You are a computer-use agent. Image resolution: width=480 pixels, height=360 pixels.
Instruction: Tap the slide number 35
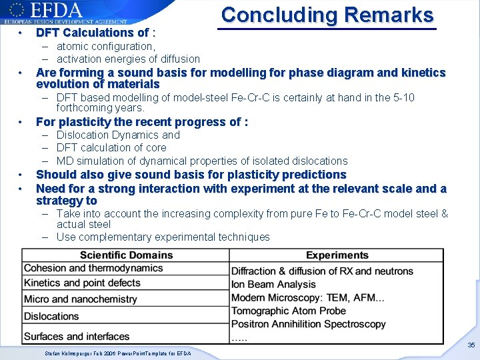pos(471,345)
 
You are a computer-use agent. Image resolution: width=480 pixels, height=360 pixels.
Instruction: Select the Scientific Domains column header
pos(125,255)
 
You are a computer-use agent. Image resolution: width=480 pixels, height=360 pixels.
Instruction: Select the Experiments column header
pos(337,255)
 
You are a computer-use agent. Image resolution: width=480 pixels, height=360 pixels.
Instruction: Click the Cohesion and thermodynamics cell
pos(93,268)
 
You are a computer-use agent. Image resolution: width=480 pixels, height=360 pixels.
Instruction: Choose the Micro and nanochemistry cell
pos(81,299)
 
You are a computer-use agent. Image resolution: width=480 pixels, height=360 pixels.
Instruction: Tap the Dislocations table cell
pos(51,316)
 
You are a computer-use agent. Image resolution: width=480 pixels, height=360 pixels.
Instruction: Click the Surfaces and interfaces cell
pos(77,336)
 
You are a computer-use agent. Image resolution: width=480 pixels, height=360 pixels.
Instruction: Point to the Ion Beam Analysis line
pos(273,284)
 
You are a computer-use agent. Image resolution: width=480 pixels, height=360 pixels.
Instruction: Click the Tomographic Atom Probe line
pos(289,311)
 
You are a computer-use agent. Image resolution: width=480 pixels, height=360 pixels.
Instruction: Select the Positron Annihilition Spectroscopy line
pos(309,324)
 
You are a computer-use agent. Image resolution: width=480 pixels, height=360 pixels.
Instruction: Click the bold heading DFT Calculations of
pos(93,33)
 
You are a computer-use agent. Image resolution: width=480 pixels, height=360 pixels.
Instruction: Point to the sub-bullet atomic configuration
pos(105,46)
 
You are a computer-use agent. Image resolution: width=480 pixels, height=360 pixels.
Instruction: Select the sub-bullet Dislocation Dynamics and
pos(118,135)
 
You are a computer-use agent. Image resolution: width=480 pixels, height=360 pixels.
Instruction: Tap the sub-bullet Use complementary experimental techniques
pos(163,237)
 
